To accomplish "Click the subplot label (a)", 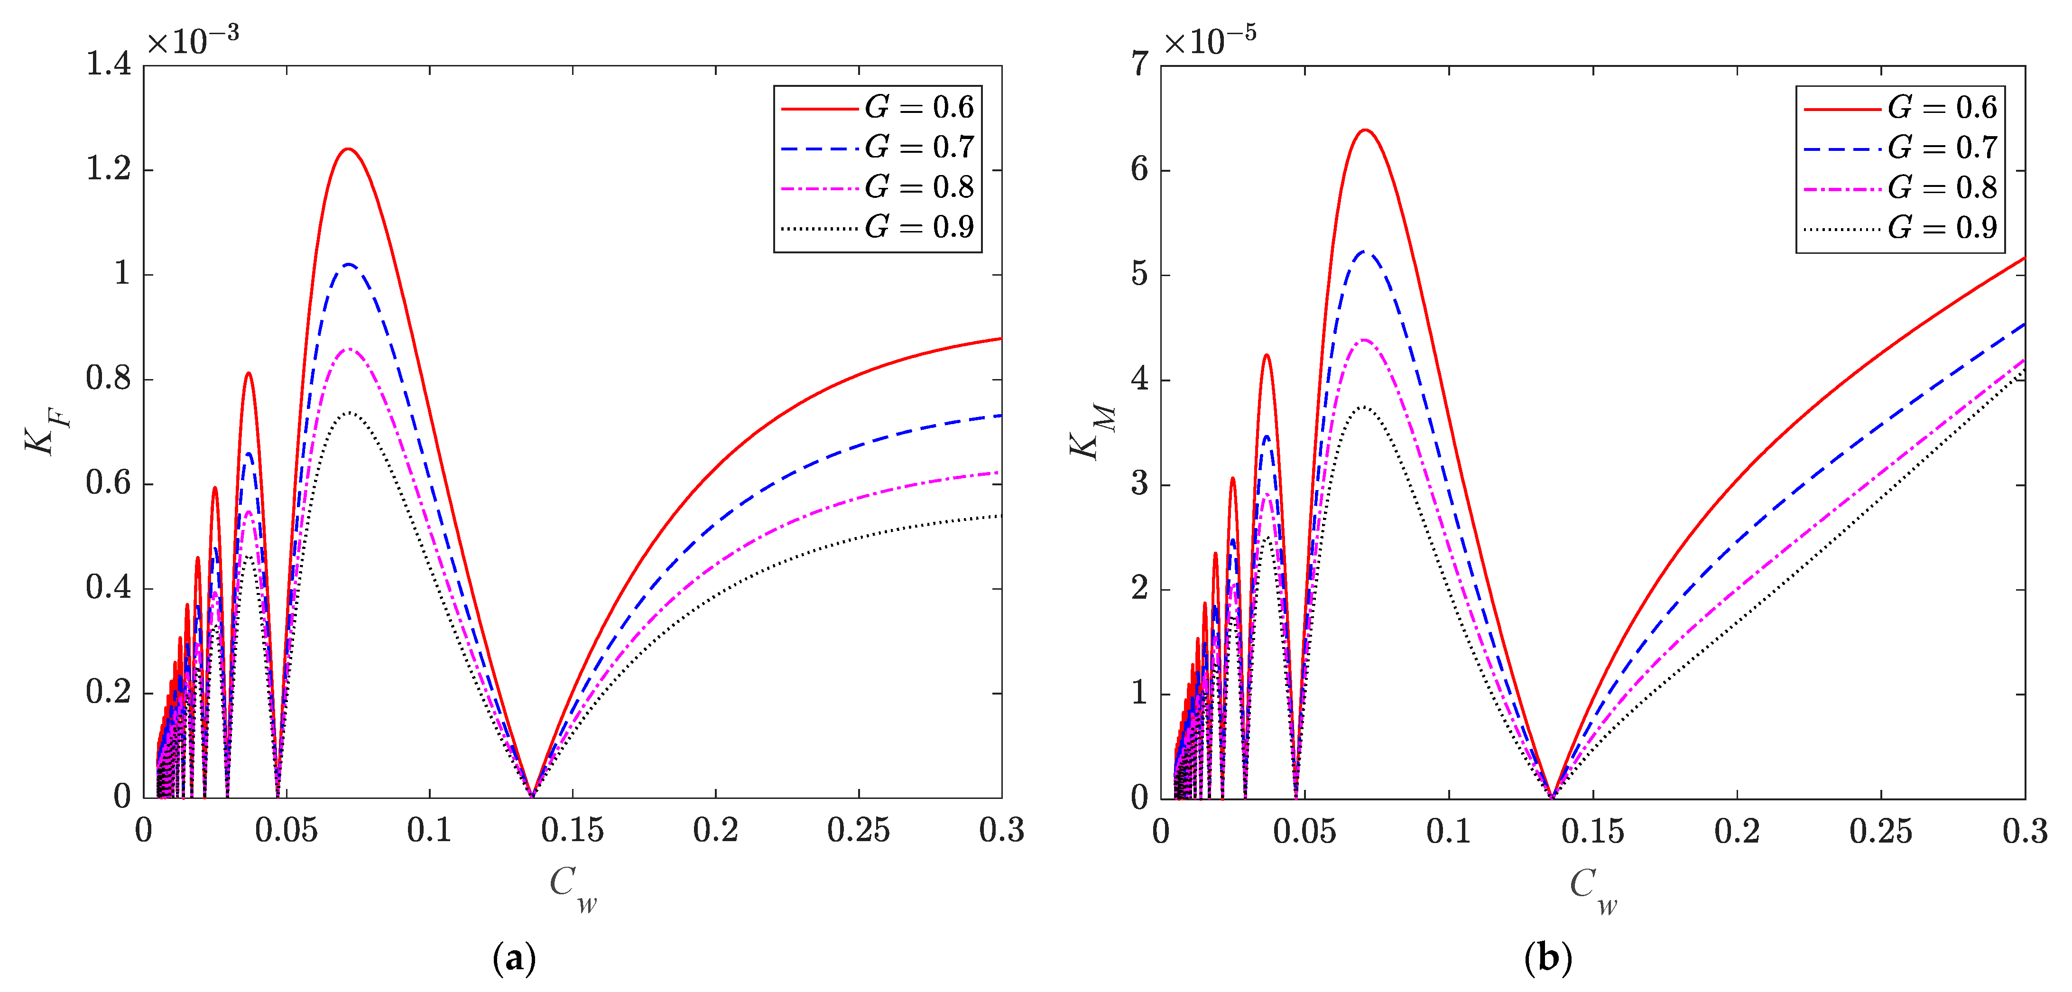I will (x=513, y=957).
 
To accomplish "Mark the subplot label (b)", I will (x=1547, y=957).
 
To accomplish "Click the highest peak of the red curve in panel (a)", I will (x=348, y=149).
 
